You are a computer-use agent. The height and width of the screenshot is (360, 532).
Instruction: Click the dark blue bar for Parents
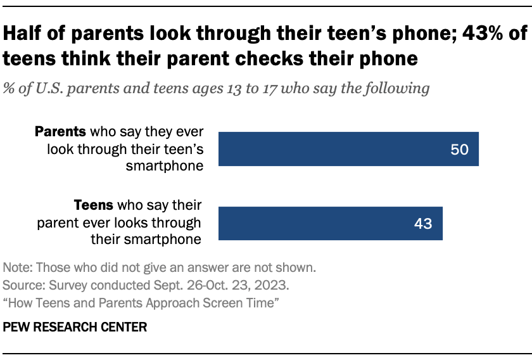tap(348, 149)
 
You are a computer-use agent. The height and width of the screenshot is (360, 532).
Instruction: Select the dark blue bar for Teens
tap(330, 223)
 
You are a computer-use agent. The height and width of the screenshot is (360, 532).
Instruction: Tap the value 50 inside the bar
tap(459, 150)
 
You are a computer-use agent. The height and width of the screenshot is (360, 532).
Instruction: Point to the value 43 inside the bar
tap(422, 224)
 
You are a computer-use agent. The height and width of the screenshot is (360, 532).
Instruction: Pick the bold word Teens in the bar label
tap(92, 206)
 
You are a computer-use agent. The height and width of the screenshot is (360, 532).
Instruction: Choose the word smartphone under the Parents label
tap(168, 165)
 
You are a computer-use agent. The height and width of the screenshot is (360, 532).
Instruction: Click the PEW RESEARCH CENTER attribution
tap(75, 328)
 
